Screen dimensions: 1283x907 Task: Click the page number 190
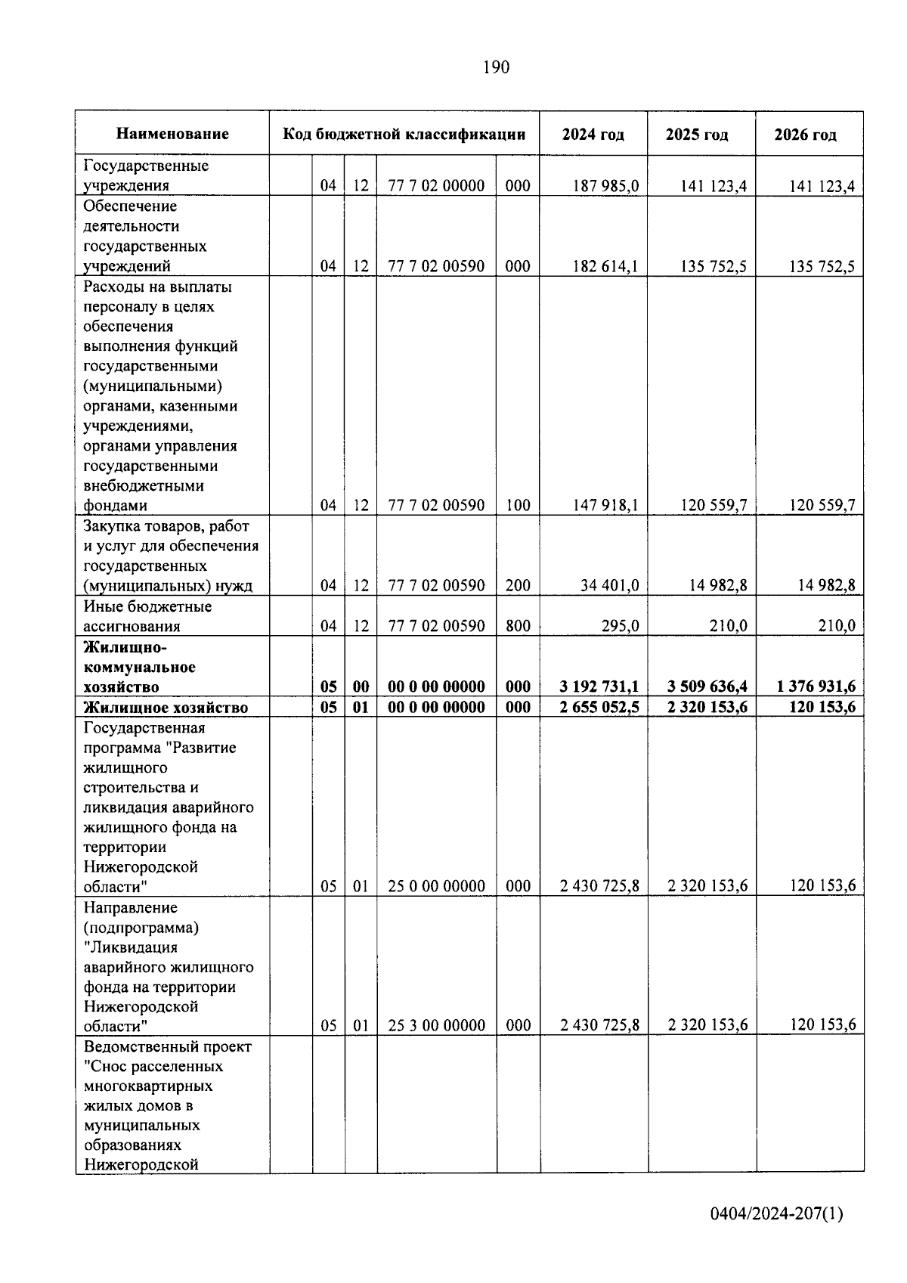[x=496, y=68]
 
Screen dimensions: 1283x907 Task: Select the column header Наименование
[x=172, y=135]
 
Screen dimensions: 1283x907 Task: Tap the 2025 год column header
[x=697, y=135]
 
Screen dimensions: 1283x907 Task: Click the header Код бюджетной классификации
[x=404, y=135]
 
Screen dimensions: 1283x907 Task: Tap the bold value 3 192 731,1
[x=599, y=686]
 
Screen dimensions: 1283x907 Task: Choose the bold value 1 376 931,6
[x=816, y=686]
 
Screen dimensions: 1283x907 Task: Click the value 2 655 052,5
[x=599, y=708]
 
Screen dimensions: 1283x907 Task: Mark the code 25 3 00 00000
[x=436, y=1025]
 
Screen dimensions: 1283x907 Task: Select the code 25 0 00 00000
[x=436, y=886]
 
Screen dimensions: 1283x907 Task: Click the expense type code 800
[x=518, y=626]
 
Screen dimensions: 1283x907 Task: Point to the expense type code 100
[x=518, y=505]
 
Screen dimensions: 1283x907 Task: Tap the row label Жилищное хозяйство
[x=166, y=708]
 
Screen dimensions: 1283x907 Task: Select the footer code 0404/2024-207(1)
[x=776, y=1214]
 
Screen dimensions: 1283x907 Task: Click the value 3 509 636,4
[x=707, y=686]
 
